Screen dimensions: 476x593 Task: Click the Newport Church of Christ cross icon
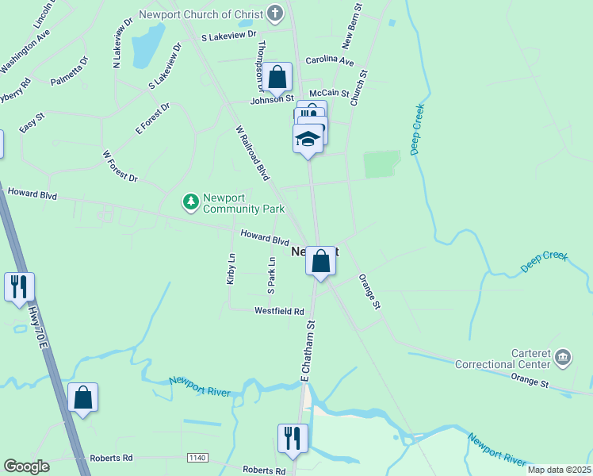click(x=275, y=13)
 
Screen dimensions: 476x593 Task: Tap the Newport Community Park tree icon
click(x=190, y=203)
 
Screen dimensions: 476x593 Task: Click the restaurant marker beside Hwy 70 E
click(x=20, y=286)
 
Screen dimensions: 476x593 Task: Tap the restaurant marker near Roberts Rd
click(x=293, y=438)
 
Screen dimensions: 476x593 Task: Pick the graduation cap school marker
click(x=308, y=139)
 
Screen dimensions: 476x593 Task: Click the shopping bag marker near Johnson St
click(x=277, y=78)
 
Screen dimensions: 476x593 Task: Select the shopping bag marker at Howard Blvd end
click(x=320, y=261)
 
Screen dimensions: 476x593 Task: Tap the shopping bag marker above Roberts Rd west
click(x=83, y=397)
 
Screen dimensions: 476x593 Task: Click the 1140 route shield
click(x=197, y=458)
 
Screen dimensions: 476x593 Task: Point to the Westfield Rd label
click(x=279, y=312)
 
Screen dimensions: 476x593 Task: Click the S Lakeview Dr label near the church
click(x=229, y=35)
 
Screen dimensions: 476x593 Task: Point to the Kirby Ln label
click(x=231, y=268)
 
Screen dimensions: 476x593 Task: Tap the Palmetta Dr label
click(x=70, y=71)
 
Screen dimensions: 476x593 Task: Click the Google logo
click(x=26, y=466)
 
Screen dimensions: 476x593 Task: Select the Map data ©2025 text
click(x=559, y=470)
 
